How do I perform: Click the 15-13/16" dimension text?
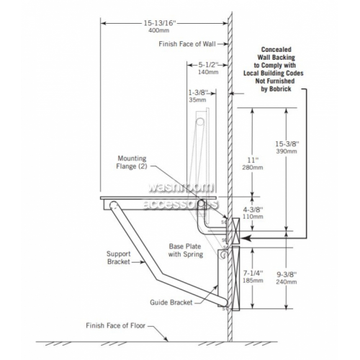tap(160, 23)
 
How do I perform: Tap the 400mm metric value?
tap(158, 30)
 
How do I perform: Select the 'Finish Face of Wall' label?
tap(187, 44)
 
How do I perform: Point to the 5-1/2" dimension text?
tap(208, 65)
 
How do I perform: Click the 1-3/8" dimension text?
tap(198, 92)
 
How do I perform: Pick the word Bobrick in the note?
tap(280, 89)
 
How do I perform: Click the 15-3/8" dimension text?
tap(287, 144)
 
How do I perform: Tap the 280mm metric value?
tap(252, 168)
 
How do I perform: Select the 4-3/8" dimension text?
tap(253, 210)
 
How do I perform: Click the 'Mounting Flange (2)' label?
tap(132, 162)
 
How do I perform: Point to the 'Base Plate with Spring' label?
tap(186, 251)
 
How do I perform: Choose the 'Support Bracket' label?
tap(119, 258)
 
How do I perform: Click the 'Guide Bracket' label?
tap(171, 302)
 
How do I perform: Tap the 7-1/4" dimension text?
tap(253, 273)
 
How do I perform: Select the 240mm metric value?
tap(287, 282)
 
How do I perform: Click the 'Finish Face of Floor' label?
tap(116, 325)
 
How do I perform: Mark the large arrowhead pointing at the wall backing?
tap(246, 238)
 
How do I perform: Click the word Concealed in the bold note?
tap(276, 50)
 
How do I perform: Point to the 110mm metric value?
tap(253, 217)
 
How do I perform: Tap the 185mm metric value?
tap(253, 280)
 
